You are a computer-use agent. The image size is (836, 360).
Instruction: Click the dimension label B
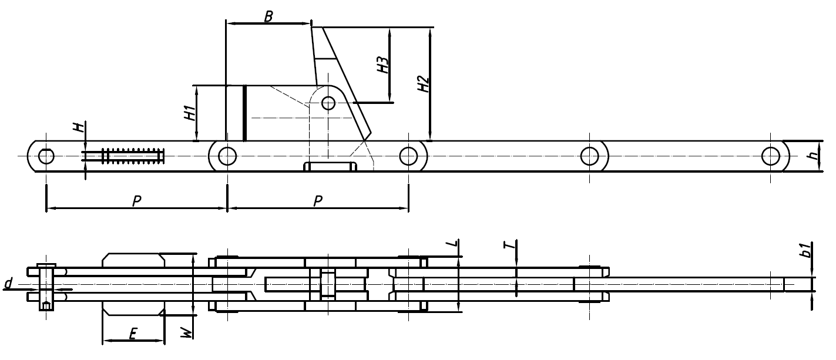click(268, 16)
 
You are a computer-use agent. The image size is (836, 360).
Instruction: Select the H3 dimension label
click(382, 65)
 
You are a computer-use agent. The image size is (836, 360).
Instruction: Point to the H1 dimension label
click(190, 113)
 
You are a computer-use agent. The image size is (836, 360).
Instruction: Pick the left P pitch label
click(137, 201)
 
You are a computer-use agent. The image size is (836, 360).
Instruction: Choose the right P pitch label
click(318, 201)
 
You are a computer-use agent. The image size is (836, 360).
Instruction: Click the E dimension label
click(133, 334)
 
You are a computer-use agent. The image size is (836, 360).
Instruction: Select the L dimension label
click(453, 244)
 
